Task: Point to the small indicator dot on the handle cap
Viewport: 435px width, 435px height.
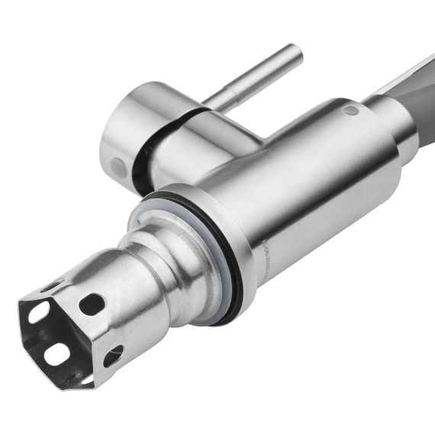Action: click(x=117, y=166)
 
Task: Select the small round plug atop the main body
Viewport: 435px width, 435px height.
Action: click(x=350, y=111)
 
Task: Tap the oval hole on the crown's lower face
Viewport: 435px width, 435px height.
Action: click(x=113, y=355)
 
